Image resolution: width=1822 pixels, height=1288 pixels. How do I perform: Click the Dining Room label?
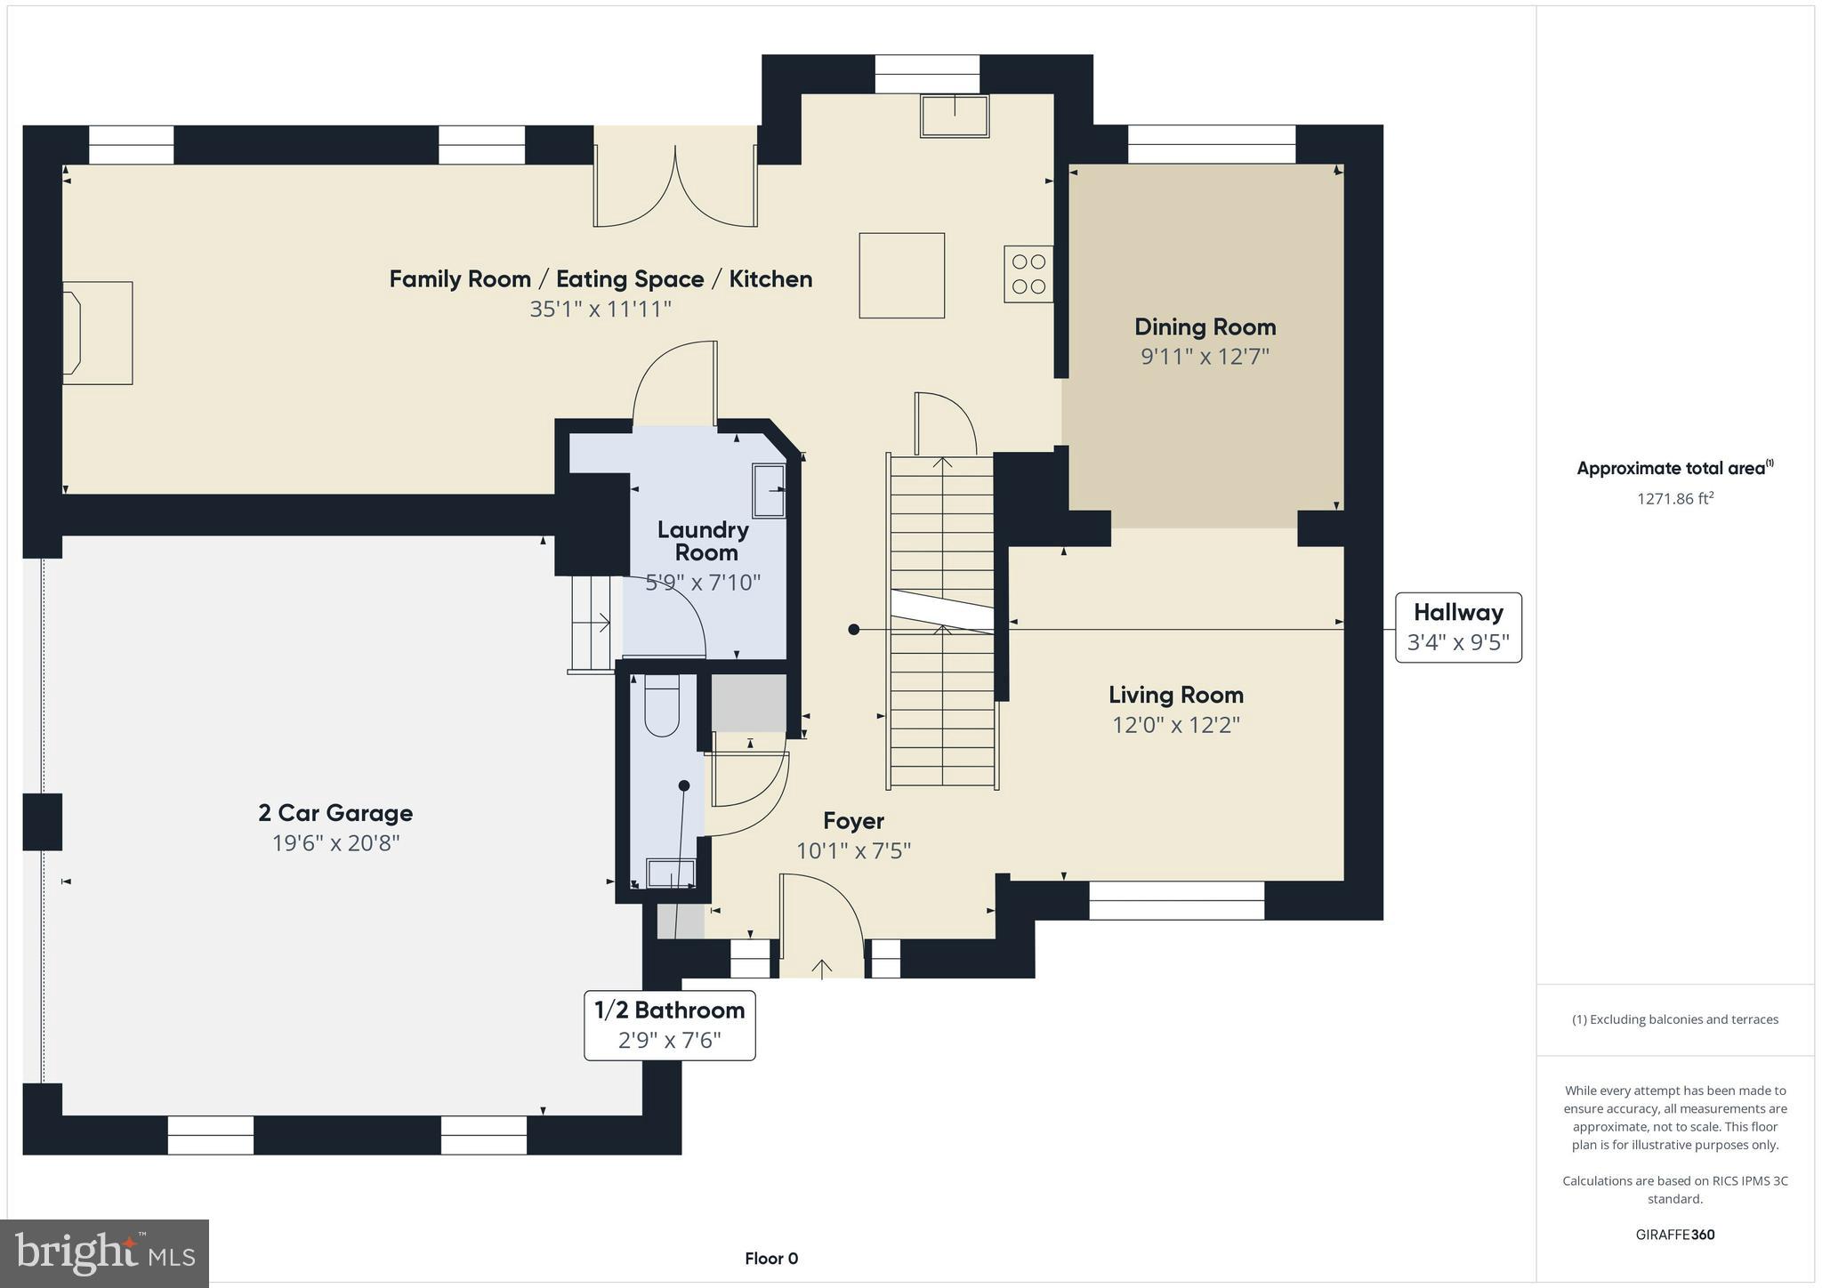click(1205, 327)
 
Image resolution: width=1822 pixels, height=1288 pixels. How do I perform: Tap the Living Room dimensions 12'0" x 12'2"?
click(1175, 725)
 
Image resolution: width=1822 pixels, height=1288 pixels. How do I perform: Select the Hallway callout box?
click(1457, 627)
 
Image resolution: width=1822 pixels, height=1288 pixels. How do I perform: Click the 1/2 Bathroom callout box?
click(669, 1025)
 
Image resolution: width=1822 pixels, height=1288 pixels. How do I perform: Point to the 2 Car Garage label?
click(335, 813)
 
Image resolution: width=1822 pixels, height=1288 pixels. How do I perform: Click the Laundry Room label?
click(704, 541)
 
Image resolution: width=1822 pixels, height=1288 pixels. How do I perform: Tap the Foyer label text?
click(853, 821)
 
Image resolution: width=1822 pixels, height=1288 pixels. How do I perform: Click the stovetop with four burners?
click(1028, 274)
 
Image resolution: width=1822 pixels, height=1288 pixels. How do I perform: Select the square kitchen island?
click(901, 275)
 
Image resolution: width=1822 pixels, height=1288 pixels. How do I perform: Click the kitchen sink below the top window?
click(955, 117)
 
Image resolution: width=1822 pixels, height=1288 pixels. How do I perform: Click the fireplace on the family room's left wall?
click(96, 334)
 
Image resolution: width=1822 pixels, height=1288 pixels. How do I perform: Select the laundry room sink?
click(769, 490)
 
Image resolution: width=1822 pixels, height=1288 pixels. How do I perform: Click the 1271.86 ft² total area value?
click(1674, 499)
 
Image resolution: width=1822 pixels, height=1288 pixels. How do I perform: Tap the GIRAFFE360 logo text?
click(1674, 1235)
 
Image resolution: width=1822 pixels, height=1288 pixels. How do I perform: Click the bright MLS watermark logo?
click(105, 1253)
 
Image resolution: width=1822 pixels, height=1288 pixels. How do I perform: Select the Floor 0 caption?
click(771, 1259)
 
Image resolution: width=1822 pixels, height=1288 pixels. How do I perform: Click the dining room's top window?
click(1211, 144)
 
